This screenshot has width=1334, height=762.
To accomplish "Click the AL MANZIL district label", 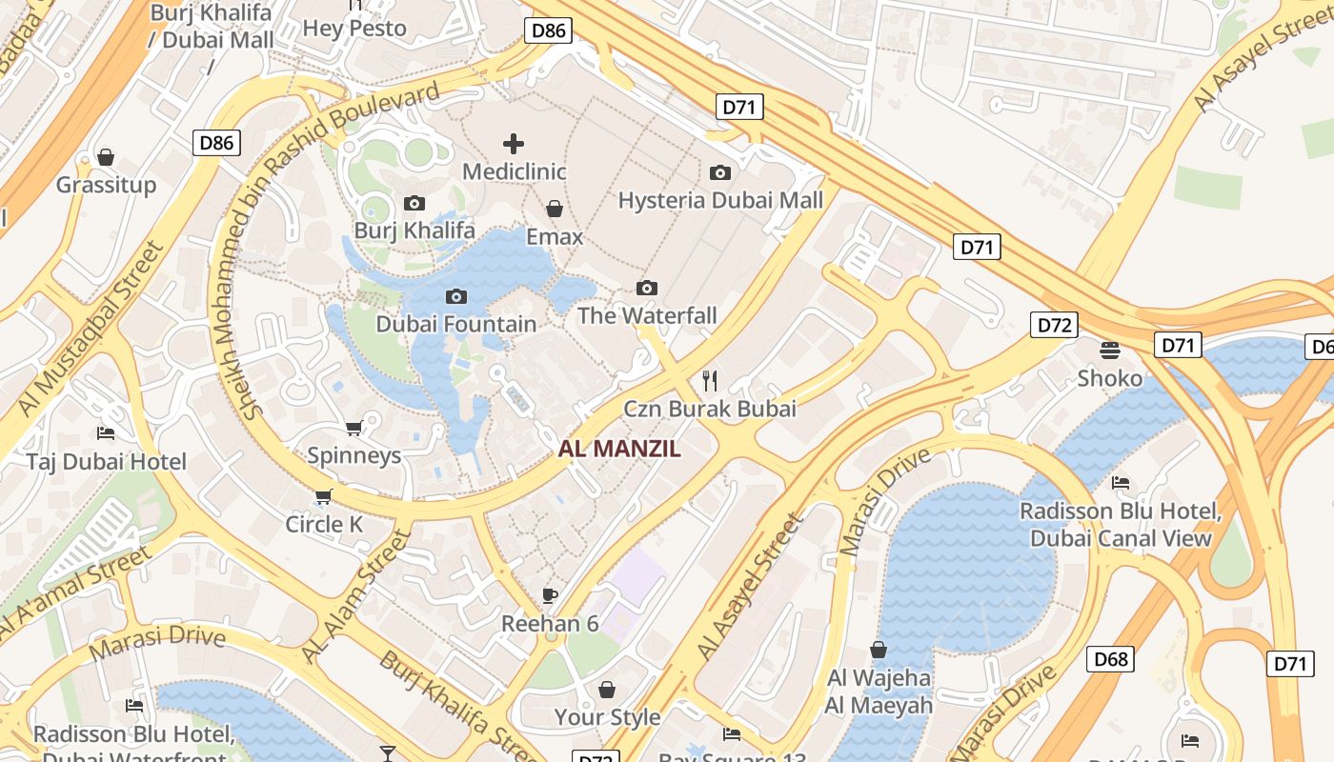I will pyautogui.click(x=619, y=450).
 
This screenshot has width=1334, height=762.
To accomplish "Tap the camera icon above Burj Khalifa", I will pyautogui.click(x=414, y=203).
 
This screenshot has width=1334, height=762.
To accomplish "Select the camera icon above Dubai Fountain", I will pyautogui.click(x=456, y=297).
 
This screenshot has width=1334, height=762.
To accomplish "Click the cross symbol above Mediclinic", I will pyautogui.click(x=514, y=144).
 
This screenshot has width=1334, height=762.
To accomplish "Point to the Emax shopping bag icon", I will pyautogui.click(x=555, y=209).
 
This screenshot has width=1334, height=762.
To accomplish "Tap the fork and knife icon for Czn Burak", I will pyautogui.click(x=709, y=381).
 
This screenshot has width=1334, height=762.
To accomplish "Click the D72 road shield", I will pyautogui.click(x=1054, y=325).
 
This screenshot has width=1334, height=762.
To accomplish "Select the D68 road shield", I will pyautogui.click(x=1110, y=658).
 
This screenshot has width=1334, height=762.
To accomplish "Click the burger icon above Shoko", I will pyautogui.click(x=1109, y=350).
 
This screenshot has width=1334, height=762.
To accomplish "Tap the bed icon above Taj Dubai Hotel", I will pyautogui.click(x=106, y=433).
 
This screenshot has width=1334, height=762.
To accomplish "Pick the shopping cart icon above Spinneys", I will pyautogui.click(x=354, y=429).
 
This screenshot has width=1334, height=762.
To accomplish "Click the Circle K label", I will pyautogui.click(x=325, y=525).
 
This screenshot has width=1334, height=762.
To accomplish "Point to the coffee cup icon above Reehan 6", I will pyautogui.click(x=550, y=596).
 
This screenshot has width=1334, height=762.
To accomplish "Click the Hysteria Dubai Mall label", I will pyautogui.click(x=720, y=201).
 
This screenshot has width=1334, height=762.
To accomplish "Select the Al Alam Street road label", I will pyautogui.click(x=355, y=597).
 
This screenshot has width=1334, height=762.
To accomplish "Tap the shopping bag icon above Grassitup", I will pyautogui.click(x=106, y=157).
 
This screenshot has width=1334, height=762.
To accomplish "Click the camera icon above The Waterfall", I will pyautogui.click(x=647, y=289).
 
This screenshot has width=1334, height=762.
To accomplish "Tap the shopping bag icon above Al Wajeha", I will pyautogui.click(x=879, y=651).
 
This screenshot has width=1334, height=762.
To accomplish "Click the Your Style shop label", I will pyautogui.click(x=607, y=717).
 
